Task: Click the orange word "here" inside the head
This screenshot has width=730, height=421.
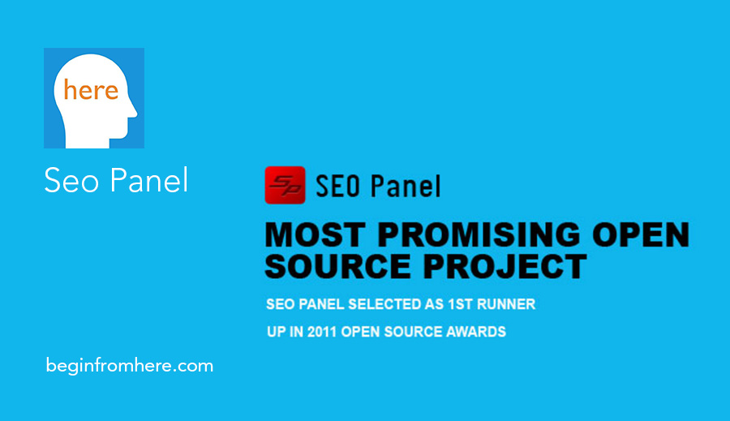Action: coord(91,90)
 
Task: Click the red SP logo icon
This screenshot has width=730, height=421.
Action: coord(285,185)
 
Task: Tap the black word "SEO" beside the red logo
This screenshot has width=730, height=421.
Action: coord(339,186)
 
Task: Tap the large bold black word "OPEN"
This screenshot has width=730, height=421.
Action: coord(640,235)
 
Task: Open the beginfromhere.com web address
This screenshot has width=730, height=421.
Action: coord(130,366)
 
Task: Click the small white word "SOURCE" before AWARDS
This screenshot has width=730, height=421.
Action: coord(416,332)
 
